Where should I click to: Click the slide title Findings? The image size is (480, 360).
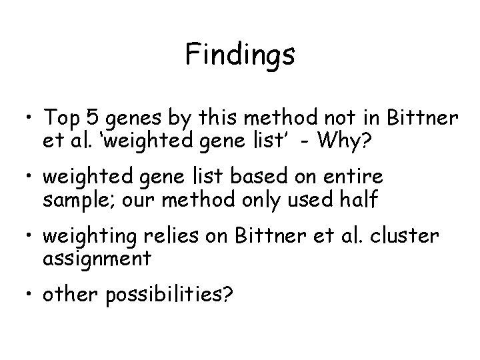(x=240, y=55)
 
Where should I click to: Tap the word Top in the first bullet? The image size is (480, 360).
(x=61, y=118)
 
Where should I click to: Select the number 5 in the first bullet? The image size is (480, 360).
(x=94, y=118)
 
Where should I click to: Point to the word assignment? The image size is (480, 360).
(x=97, y=257)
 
